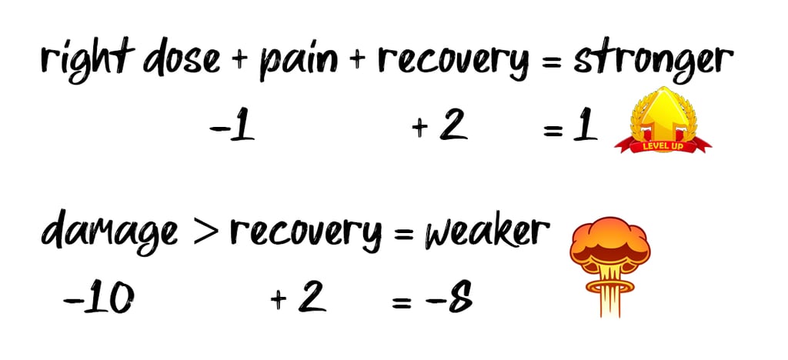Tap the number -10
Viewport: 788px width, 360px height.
97,298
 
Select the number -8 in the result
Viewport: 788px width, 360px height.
449,298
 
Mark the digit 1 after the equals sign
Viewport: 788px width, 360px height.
586,128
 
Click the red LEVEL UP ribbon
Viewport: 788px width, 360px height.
663,143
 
